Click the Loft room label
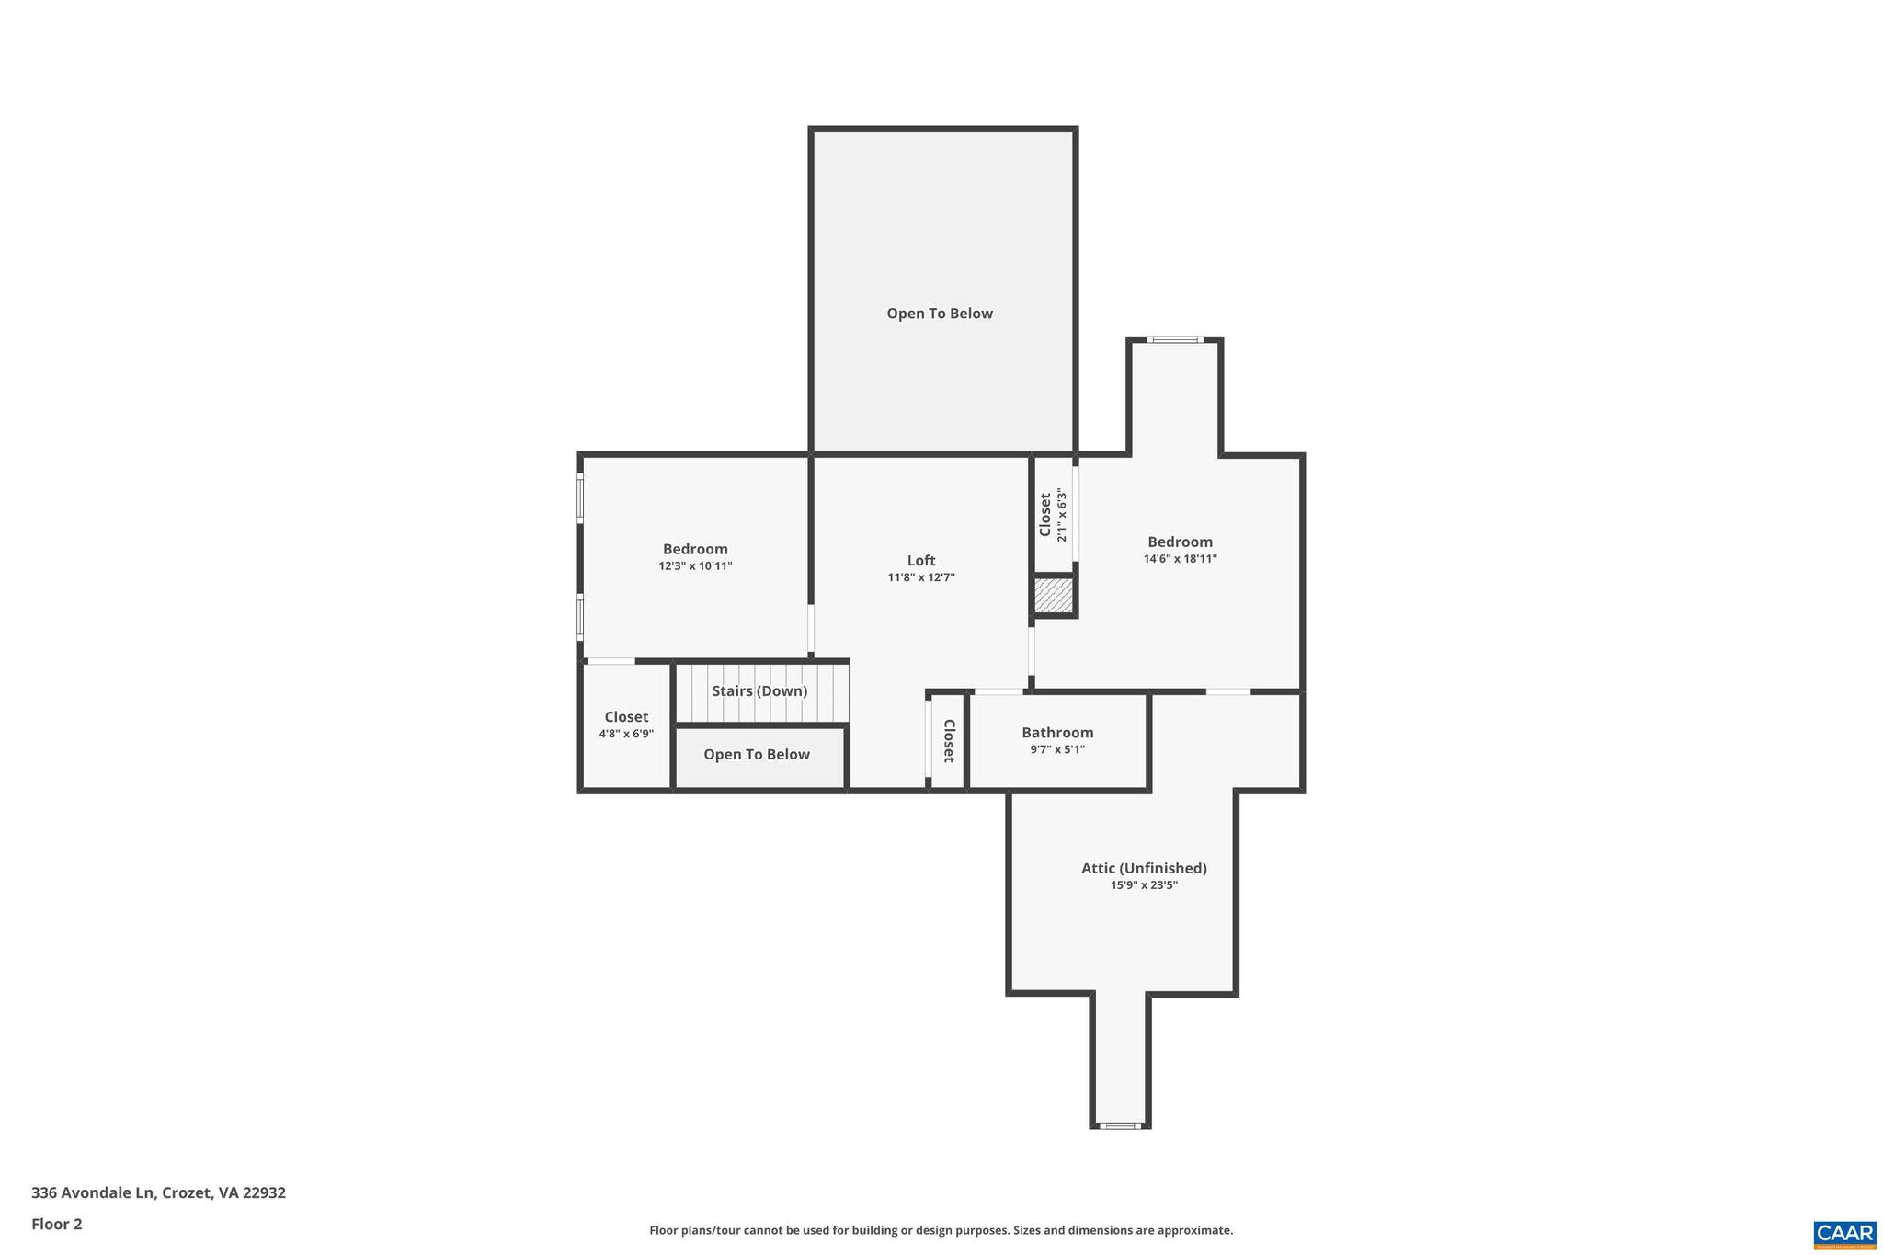click(921, 561)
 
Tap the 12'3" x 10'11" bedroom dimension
click(695, 566)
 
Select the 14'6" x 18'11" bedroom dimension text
click(1180, 559)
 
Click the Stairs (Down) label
click(759, 691)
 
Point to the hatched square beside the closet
click(1054, 596)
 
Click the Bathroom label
click(1057, 733)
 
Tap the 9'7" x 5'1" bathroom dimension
click(1057, 749)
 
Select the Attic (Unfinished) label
click(1144, 868)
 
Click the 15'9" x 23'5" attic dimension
click(1144, 885)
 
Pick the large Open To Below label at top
click(940, 314)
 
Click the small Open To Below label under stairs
click(757, 755)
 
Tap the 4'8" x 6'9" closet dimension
click(626, 734)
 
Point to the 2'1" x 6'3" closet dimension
click(1062, 515)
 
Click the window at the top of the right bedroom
click(1175, 340)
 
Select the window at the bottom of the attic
click(1119, 1125)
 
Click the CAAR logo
click(1843, 1234)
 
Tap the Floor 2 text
click(57, 1224)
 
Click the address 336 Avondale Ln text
click(158, 1192)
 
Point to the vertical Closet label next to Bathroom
click(949, 741)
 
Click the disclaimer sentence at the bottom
click(941, 1230)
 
